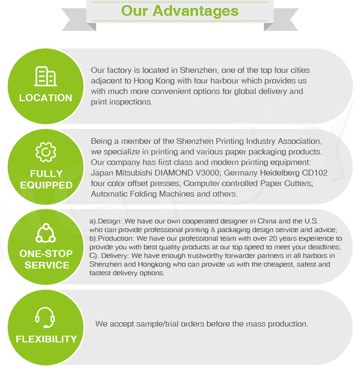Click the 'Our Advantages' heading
click(x=180, y=11)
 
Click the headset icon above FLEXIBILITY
click(x=45, y=317)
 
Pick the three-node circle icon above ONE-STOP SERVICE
click(x=46, y=234)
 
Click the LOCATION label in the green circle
click(x=46, y=98)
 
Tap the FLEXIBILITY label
click(x=46, y=339)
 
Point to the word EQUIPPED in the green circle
click(x=46, y=185)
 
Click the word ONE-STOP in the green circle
click(x=46, y=254)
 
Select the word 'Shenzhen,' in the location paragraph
click(x=198, y=70)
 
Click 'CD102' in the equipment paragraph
click(x=315, y=173)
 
